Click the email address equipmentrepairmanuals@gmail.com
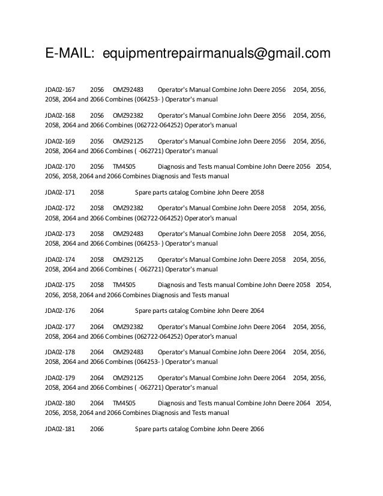217,55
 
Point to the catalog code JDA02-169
60,141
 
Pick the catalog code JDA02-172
60,208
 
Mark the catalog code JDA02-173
60,234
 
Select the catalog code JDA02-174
60,259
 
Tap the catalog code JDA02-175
60,285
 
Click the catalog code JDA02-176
60,310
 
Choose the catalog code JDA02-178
60,352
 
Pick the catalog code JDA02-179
60,378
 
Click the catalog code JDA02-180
60,403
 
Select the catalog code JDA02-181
60,428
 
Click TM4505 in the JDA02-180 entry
124,403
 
